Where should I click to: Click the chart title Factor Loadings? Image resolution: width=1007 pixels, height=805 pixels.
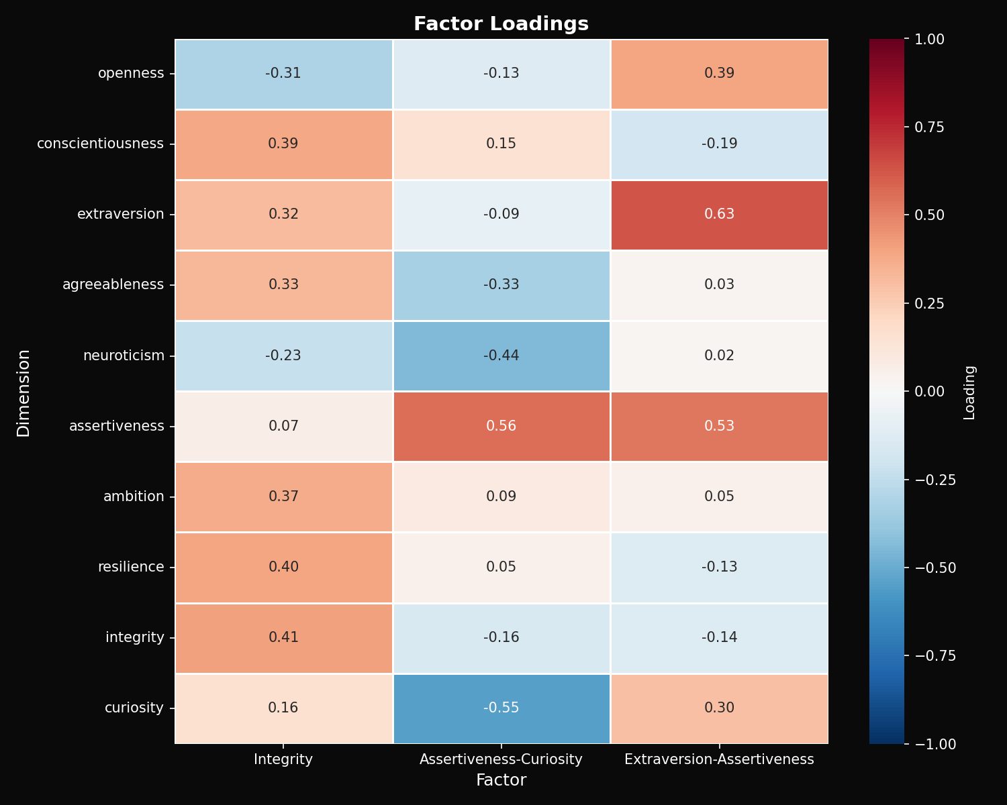[501, 24]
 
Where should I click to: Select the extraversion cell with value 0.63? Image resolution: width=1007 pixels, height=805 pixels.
[719, 215]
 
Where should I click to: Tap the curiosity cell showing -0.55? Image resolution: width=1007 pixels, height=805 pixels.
[501, 708]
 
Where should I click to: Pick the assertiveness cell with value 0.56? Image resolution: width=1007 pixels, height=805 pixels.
[501, 426]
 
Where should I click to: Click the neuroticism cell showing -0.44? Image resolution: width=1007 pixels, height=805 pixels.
[501, 356]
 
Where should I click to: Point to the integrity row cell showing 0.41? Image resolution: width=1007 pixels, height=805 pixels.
[283, 637]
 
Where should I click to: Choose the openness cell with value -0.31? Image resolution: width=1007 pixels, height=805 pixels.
[283, 74]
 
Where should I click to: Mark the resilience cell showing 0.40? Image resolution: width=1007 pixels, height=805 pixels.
[283, 567]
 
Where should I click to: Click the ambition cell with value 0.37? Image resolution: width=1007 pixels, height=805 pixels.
[283, 496]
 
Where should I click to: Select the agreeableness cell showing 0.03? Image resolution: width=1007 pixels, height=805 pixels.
[719, 285]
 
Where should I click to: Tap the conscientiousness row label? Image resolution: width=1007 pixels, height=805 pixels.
[100, 144]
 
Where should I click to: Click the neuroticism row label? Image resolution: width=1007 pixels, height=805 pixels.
[124, 356]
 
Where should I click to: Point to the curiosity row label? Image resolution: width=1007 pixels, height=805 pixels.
[134, 708]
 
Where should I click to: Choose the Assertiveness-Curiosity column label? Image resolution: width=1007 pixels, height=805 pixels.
[501, 759]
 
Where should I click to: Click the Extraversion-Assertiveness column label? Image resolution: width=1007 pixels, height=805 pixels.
[719, 759]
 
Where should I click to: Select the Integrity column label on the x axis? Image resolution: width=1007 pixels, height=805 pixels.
[283, 759]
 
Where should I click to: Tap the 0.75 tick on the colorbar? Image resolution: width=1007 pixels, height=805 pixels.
[930, 127]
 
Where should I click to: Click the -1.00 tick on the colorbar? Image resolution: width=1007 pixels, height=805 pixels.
[930, 744]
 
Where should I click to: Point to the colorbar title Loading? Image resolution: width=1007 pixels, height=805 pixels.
[969, 392]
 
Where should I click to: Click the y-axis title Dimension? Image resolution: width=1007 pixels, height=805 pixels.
[24, 392]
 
